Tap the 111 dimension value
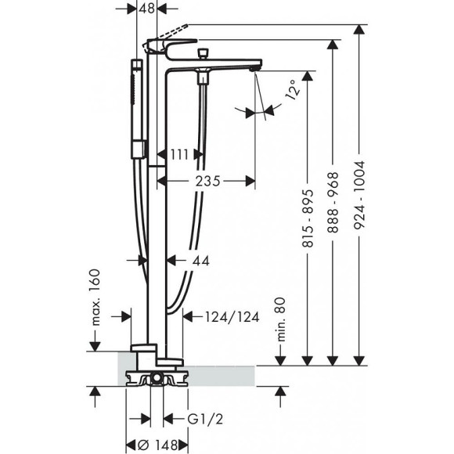point(179,155)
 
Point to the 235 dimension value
point(208,180)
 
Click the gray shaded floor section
point(227,376)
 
